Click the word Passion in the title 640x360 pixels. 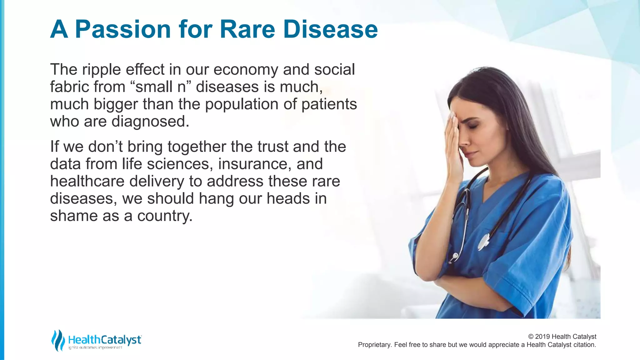[123, 30]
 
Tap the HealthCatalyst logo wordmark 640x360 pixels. [105, 340]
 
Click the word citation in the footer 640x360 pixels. [584, 345]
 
